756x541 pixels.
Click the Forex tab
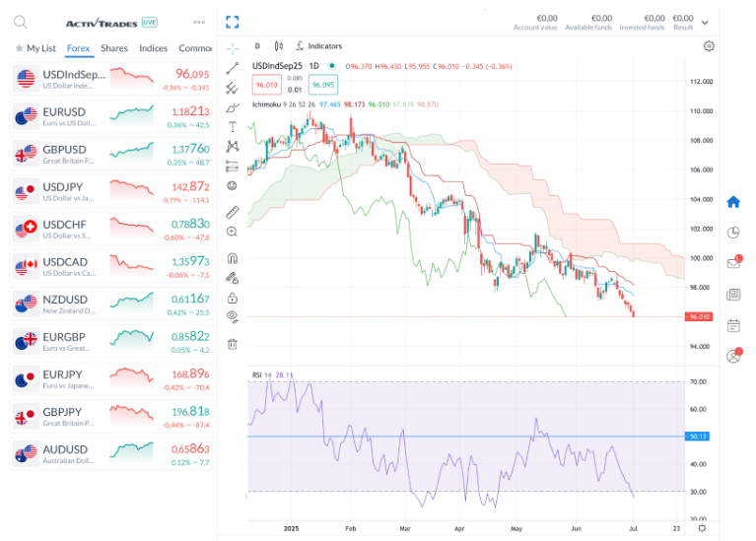coord(79,48)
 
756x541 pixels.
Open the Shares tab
coord(114,48)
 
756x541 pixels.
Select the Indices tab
coord(154,48)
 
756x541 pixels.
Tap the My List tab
coord(36,48)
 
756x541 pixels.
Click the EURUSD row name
coord(64,111)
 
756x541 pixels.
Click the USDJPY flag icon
coord(26,192)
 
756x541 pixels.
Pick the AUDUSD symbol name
coord(65,448)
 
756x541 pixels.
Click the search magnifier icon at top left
coord(21,22)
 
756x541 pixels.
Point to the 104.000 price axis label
coord(701,199)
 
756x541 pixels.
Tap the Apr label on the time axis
coord(458,528)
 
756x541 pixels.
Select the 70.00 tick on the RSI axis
coord(698,381)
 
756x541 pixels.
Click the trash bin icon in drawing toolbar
coord(233,344)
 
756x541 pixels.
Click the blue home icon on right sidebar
coord(732,202)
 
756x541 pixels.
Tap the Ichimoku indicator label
coord(267,102)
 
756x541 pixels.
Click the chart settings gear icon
coord(709,46)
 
